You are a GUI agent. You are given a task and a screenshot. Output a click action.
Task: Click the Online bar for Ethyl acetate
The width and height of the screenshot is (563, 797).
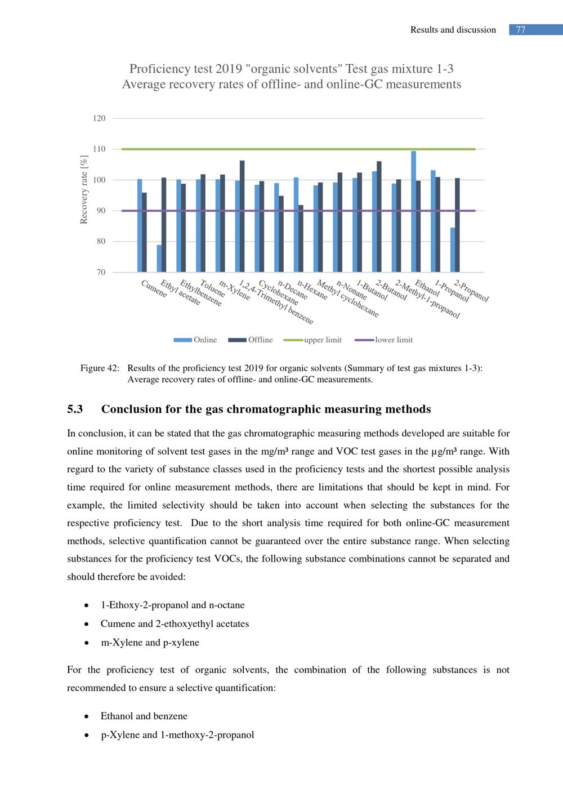(x=159, y=259)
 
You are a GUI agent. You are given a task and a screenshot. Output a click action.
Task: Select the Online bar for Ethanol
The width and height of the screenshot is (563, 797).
(x=414, y=211)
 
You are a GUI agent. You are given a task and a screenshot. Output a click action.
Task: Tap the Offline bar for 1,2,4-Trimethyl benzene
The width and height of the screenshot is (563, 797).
(x=242, y=216)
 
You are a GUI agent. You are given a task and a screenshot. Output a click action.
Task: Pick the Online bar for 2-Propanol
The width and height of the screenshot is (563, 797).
(x=453, y=250)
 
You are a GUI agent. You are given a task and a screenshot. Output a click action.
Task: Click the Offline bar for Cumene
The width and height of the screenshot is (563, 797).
(x=144, y=232)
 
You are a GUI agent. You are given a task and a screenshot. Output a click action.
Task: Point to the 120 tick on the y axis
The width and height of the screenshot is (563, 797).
(x=99, y=118)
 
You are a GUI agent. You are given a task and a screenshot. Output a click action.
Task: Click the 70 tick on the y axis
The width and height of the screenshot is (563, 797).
(x=101, y=272)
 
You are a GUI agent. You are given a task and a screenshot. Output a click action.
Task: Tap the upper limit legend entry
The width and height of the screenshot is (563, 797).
(x=313, y=340)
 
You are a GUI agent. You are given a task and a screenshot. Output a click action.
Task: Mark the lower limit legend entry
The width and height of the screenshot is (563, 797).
(x=384, y=340)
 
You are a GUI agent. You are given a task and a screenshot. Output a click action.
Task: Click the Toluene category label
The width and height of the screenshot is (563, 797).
(x=213, y=288)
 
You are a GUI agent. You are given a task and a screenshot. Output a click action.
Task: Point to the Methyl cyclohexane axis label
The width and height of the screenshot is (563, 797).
(x=348, y=299)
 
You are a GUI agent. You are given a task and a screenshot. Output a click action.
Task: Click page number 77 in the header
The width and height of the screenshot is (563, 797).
(x=521, y=30)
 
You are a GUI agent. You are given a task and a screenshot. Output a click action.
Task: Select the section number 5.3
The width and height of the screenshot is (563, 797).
(x=75, y=409)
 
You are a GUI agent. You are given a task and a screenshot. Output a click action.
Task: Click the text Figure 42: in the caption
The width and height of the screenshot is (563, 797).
(x=100, y=368)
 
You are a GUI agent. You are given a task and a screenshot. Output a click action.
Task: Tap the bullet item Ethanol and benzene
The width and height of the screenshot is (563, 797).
(x=144, y=716)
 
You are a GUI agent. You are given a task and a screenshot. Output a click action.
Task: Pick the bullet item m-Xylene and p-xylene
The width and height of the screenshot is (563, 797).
(x=150, y=642)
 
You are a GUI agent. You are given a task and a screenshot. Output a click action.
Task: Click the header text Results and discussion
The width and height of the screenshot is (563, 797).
(x=453, y=30)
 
